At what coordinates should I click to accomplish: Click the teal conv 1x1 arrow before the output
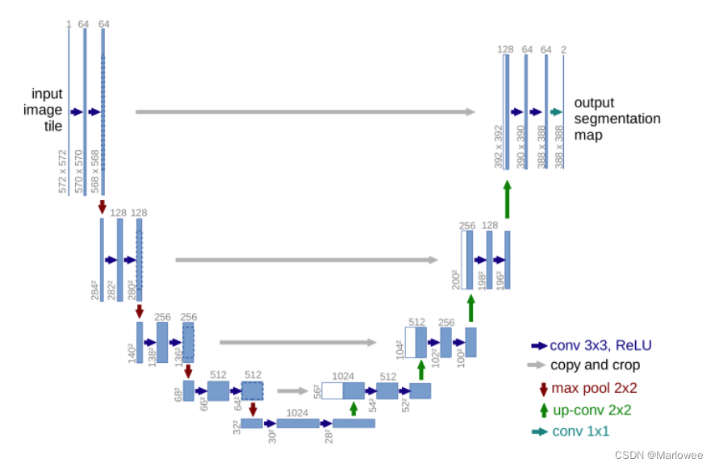point(556,112)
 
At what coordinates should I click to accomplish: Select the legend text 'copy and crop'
point(596,365)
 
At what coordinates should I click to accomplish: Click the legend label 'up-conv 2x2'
point(592,410)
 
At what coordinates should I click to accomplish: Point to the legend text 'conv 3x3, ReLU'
point(600,345)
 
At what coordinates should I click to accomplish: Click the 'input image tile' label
point(47,109)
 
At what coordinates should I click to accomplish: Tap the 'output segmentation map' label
point(617,119)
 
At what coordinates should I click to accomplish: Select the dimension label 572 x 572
point(63,171)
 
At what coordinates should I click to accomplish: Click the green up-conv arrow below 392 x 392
point(507,199)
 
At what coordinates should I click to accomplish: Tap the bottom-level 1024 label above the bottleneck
point(297,412)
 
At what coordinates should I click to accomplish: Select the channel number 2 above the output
point(563,50)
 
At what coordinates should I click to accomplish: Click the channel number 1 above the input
point(69,24)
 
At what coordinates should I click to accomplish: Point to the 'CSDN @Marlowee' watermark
point(660,455)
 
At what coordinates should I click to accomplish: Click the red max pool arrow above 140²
point(140,311)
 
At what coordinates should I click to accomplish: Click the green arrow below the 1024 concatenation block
point(353,408)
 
